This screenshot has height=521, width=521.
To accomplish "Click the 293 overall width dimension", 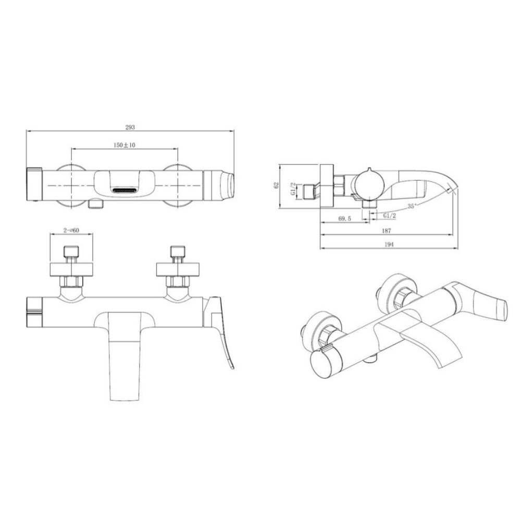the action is click(x=130, y=127).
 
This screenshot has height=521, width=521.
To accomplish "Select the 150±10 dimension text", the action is click(x=125, y=145).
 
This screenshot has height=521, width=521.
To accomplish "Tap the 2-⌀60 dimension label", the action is click(x=71, y=230).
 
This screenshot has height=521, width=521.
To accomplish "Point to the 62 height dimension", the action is click(x=276, y=186).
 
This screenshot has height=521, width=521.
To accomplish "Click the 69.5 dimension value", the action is click(x=344, y=218).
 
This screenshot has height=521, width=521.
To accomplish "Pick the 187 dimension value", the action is click(x=387, y=231).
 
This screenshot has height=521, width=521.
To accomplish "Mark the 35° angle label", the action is click(x=412, y=206).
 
